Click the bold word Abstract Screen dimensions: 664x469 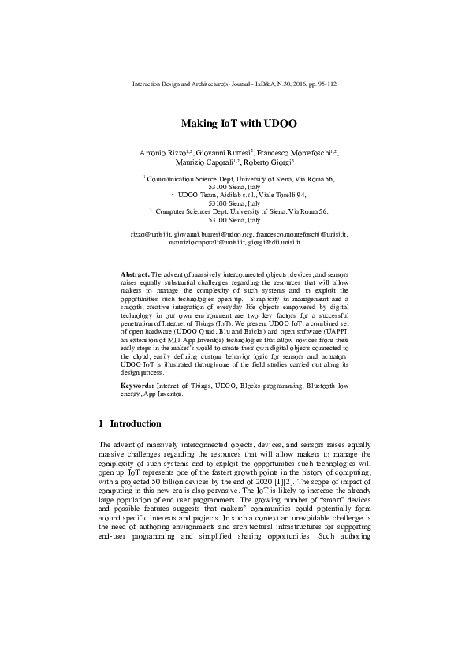134,271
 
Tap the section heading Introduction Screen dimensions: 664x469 136,423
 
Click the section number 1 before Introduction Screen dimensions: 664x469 100,423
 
